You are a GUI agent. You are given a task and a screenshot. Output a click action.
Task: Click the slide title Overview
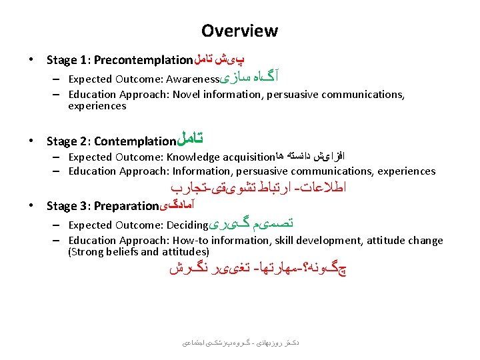click(239, 31)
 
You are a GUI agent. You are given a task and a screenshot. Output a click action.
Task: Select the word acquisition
click(247, 157)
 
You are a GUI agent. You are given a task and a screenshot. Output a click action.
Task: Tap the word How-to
click(192, 241)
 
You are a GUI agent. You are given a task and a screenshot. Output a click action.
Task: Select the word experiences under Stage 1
click(97, 106)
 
